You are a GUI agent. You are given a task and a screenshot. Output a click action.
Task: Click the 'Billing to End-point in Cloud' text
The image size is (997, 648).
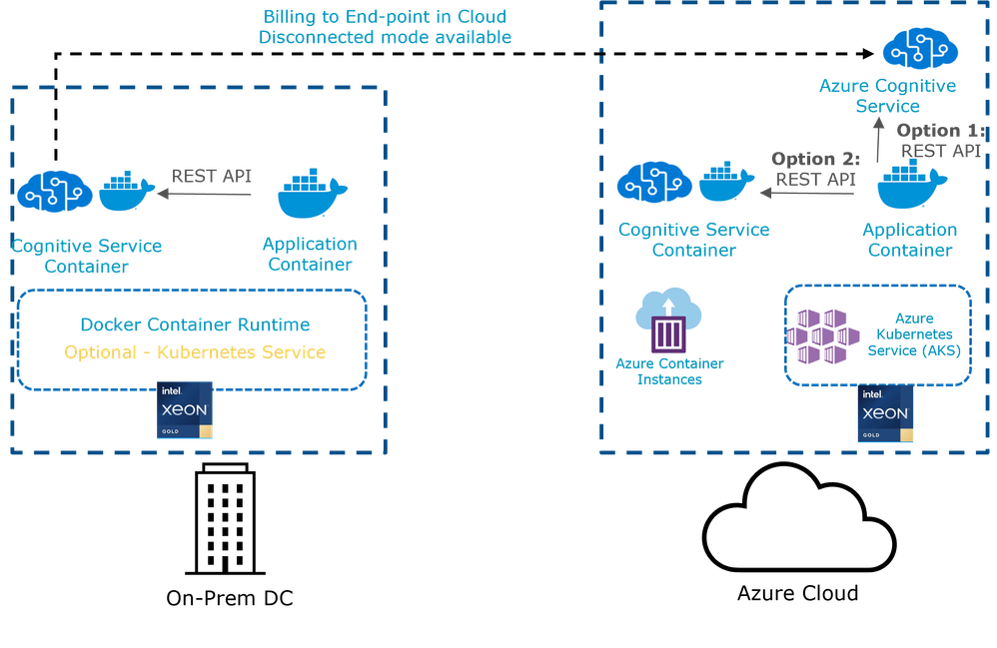384,17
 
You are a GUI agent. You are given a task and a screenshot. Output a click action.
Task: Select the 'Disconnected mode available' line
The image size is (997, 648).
384,37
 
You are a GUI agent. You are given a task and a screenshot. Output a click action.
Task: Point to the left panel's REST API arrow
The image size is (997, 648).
206,196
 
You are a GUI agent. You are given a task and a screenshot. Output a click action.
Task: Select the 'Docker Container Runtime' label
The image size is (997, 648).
195,324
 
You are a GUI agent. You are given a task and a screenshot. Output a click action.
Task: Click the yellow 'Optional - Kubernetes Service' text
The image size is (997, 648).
195,352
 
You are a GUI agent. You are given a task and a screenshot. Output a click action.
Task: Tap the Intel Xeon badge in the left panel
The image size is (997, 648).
186,409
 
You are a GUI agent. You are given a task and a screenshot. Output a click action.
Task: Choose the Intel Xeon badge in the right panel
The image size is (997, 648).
885,412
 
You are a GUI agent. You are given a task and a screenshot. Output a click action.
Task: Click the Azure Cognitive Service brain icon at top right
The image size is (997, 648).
920,47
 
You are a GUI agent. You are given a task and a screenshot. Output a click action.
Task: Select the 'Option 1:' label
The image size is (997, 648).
939,131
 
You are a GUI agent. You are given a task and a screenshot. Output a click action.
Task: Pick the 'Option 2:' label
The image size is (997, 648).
815,159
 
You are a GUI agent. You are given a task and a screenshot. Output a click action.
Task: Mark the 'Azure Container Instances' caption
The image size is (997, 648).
668,370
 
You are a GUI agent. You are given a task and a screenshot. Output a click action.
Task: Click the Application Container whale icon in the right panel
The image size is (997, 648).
913,185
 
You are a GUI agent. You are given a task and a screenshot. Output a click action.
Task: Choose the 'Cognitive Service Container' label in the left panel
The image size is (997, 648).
86,255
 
